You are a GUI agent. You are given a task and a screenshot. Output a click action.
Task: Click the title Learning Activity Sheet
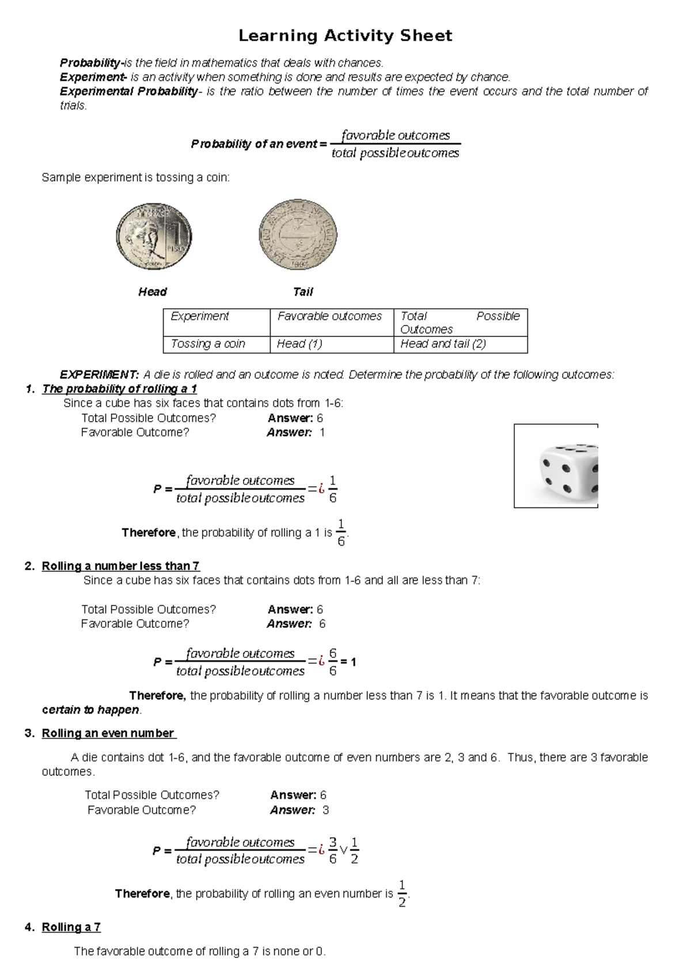point(345,36)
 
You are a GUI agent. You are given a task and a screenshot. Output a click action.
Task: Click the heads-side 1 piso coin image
point(153,236)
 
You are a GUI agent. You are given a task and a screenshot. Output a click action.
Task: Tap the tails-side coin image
point(298,234)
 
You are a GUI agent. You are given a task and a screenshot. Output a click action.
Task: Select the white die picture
point(556,466)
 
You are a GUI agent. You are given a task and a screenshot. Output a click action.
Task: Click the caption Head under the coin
point(153,292)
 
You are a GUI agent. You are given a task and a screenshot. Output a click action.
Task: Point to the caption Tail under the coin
point(303,292)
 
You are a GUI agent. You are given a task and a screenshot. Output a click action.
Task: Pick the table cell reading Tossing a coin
point(208,344)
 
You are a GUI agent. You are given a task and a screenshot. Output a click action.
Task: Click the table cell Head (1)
point(299,344)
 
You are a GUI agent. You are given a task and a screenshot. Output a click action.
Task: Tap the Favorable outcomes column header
point(329,316)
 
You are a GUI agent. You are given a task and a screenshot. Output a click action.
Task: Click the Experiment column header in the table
point(200,316)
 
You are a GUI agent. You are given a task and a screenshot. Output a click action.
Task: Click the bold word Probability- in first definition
point(91,63)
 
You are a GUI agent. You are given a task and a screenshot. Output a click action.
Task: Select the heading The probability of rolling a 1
point(119,389)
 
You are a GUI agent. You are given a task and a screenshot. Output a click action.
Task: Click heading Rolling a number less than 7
point(120,566)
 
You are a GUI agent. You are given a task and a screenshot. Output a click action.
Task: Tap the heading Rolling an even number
point(108,733)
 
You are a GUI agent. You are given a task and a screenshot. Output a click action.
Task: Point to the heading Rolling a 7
point(71,927)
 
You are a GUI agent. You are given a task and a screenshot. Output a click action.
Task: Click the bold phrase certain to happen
point(90,710)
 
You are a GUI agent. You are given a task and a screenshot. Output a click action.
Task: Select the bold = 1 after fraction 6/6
point(348,662)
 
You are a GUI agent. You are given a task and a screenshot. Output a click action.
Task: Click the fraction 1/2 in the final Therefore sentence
point(402,893)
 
